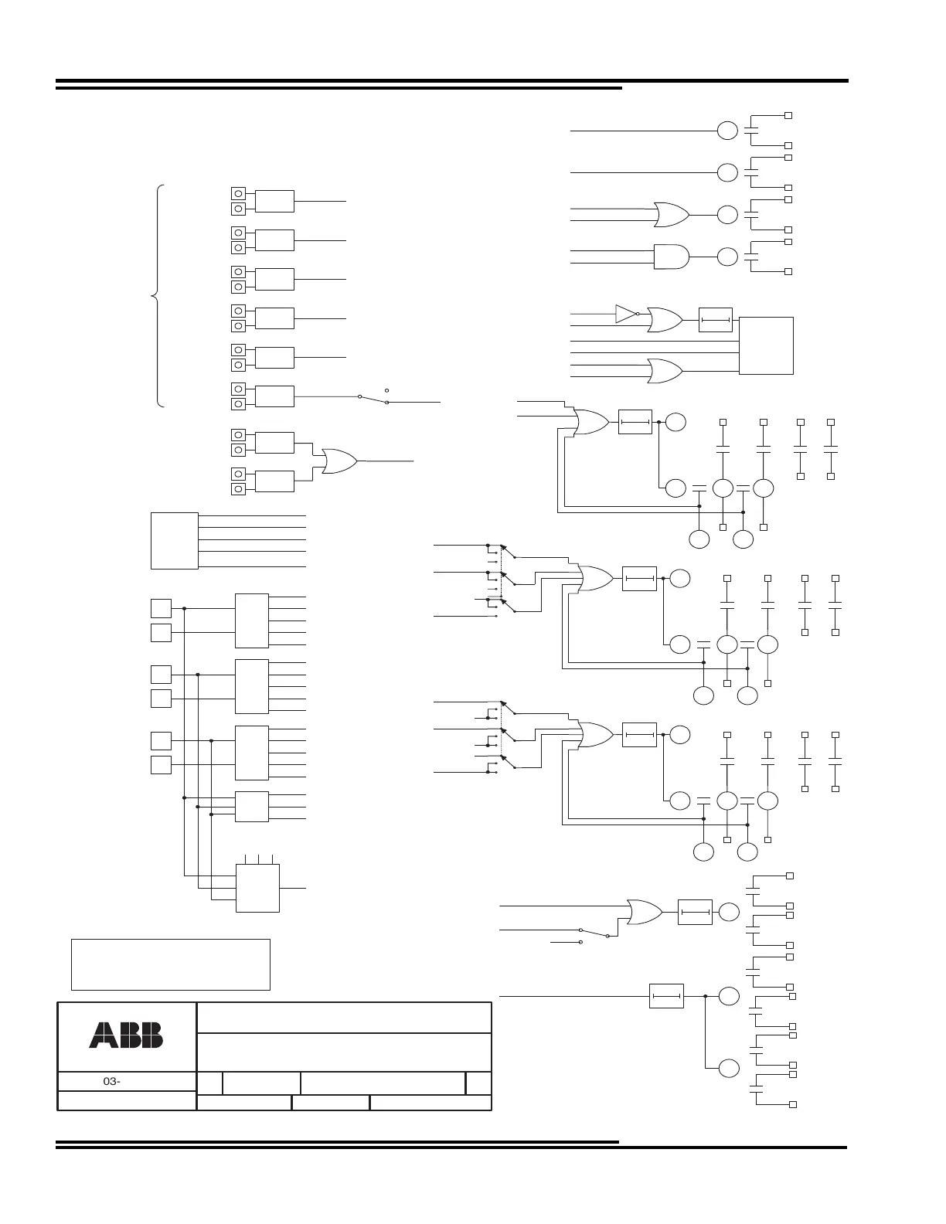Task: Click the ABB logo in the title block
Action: (126, 1035)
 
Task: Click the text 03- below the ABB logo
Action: (112, 1082)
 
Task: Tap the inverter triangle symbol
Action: (625, 314)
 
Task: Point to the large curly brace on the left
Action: (158, 295)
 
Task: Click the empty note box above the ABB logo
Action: (170, 964)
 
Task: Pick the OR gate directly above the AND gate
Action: (671, 215)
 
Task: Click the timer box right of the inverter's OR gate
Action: (715, 320)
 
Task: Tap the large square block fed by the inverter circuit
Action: (766, 345)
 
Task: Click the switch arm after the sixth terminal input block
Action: (373, 399)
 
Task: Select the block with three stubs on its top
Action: (257, 888)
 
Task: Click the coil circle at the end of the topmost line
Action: (727, 131)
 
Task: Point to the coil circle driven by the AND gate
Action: (727, 257)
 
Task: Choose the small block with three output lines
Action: (252, 807)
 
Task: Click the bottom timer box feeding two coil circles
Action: (667, 996)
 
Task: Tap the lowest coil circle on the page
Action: (728, 1069)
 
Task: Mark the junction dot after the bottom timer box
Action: (706, 996)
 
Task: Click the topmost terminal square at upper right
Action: (788, 115)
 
